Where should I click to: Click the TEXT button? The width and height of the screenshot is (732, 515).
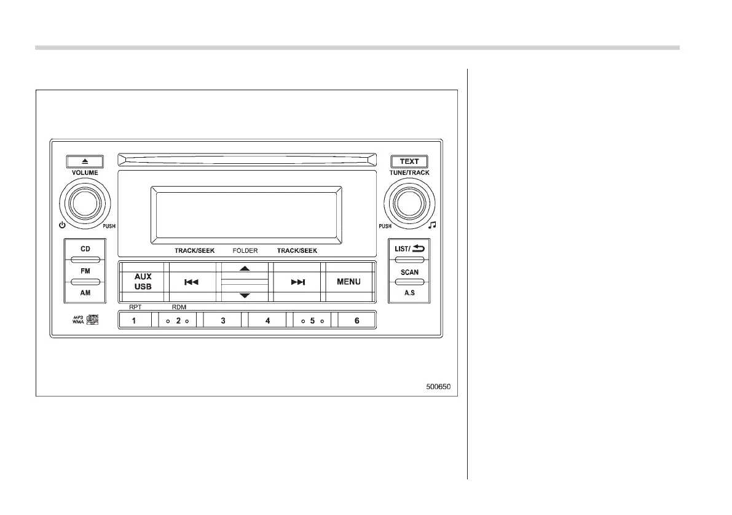click(x=409, y=161)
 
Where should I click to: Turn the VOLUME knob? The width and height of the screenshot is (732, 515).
click(x=85, y=203)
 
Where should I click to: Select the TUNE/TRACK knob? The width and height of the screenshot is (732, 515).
click(x=408, y=203)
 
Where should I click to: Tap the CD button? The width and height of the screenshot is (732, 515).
click(x=85, y=250)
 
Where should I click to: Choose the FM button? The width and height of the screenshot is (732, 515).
click(x=85, y=270)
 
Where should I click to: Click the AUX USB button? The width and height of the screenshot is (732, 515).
click(x=143, y=282)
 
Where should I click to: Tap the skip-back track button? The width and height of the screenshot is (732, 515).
click(x=192, y=282)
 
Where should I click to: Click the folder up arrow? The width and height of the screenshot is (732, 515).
click(x=245, y=269)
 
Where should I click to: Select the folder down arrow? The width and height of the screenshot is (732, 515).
click(x=245, y=295)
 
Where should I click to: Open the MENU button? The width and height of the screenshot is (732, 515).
click(x=348, y=282)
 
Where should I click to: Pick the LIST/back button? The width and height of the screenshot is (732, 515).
click(x=409, y=249)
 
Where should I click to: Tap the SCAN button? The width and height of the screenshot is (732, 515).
click(x=409, y=271)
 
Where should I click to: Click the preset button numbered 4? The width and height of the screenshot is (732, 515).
click(x=267, y=320)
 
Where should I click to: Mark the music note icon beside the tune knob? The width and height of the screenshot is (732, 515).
click(x=432, y=225)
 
